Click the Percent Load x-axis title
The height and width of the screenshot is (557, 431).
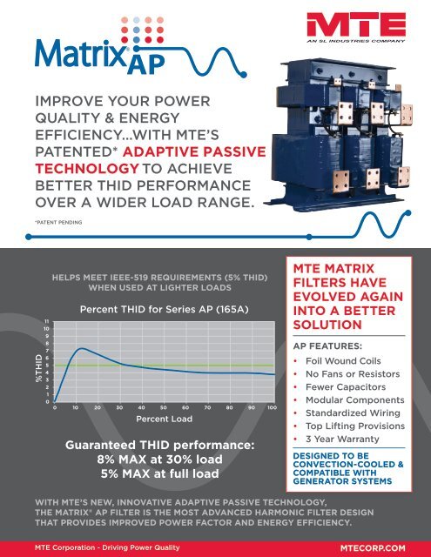[x=163, y=419]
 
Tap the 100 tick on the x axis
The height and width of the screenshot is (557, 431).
[x=273, y=407]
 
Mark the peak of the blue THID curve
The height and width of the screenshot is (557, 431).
[x=80, y=349]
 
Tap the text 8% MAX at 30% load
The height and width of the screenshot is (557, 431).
[x=163, y=459]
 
